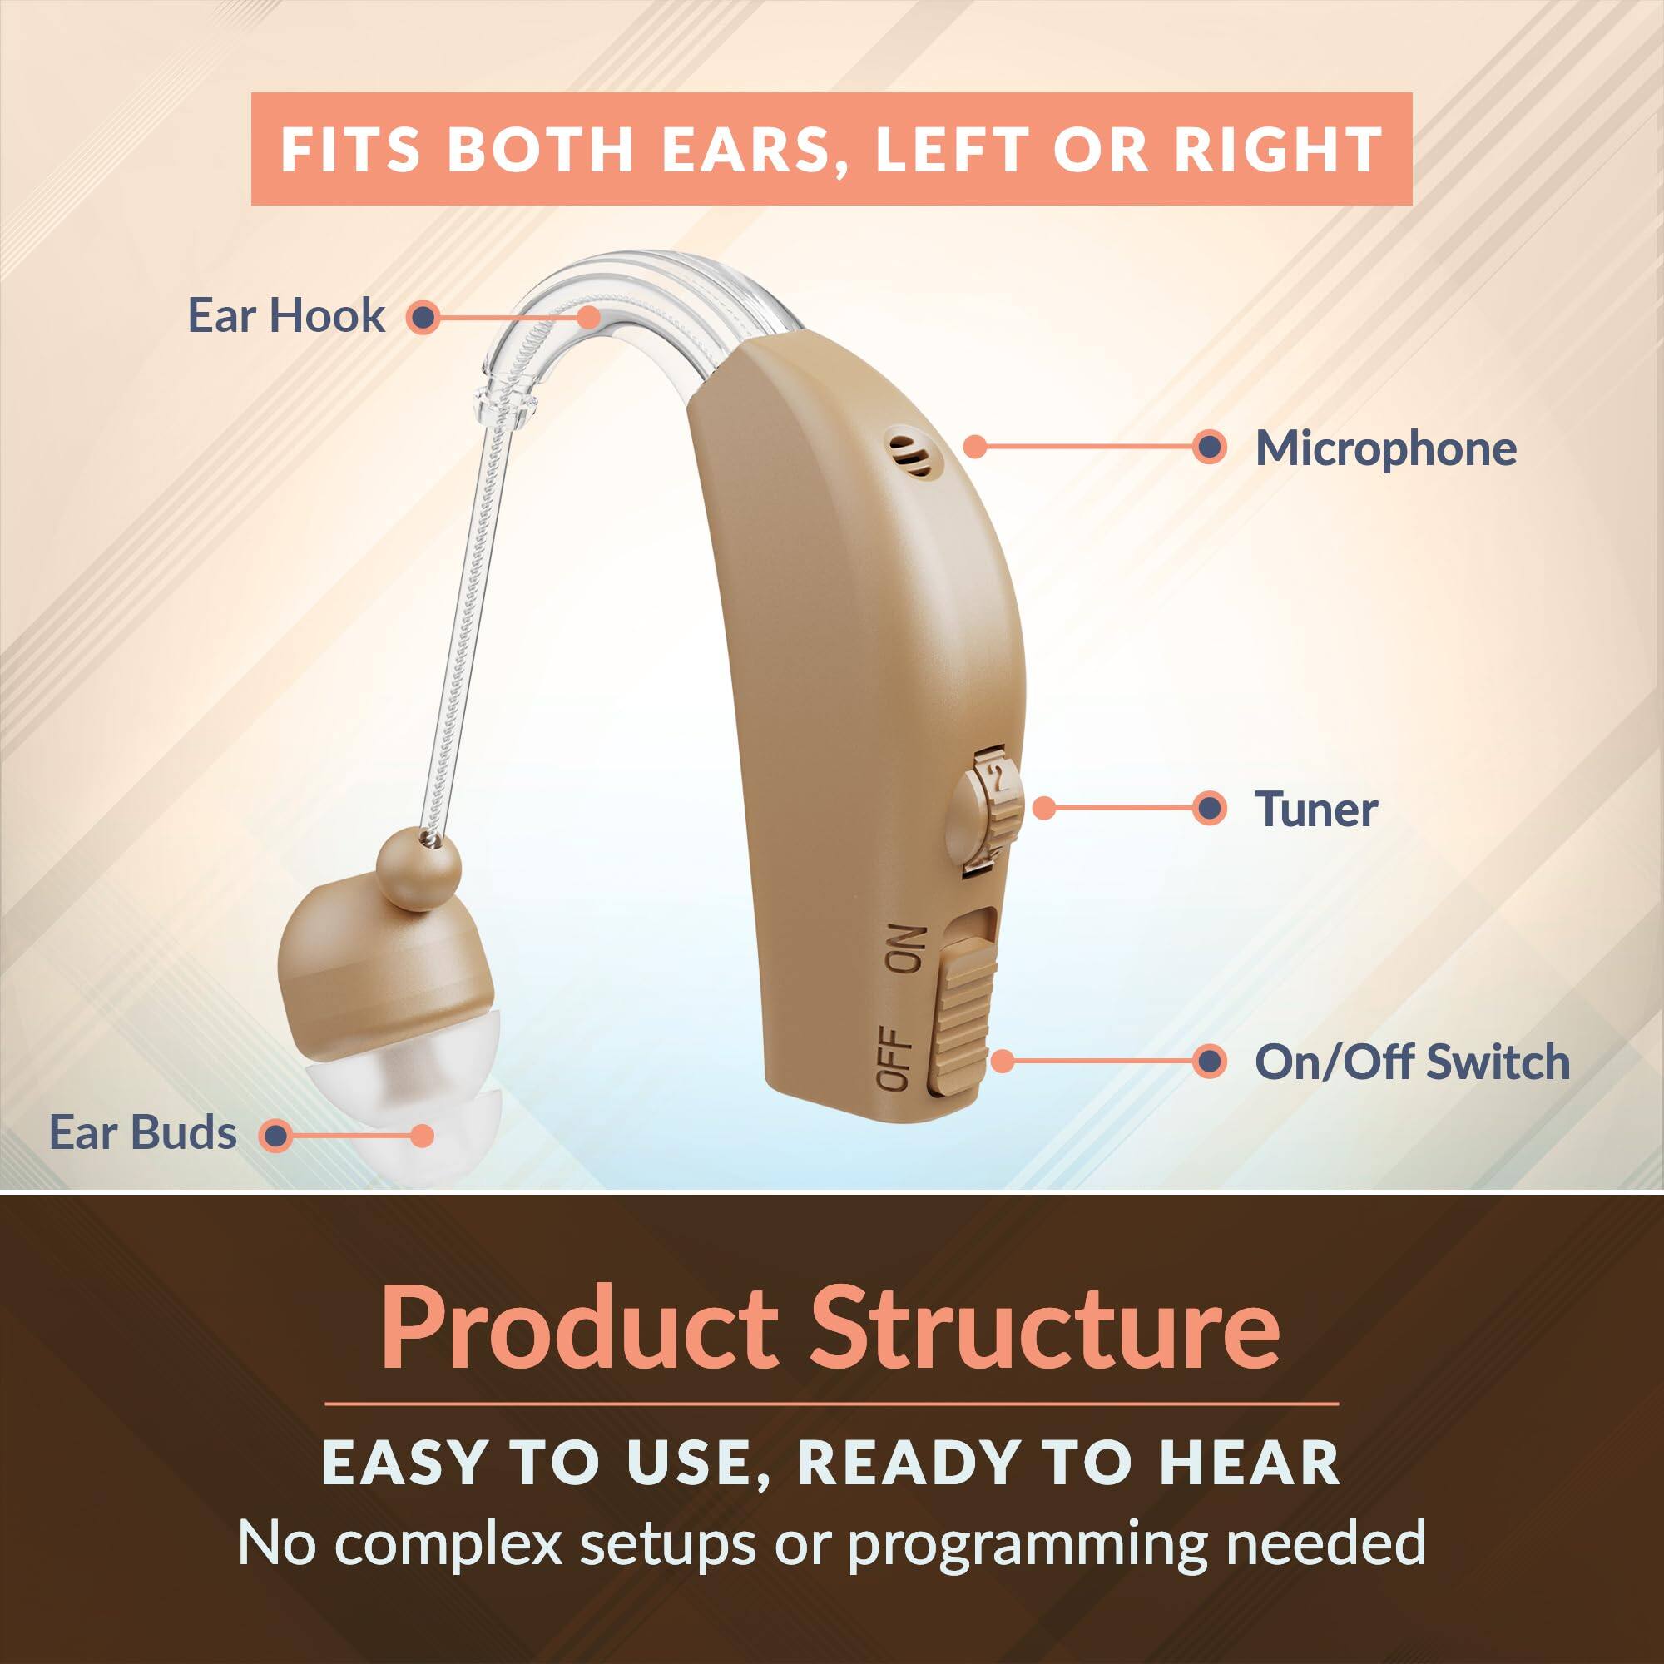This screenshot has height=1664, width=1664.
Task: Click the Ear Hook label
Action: tap(286, 315)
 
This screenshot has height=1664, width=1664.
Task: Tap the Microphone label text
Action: tap(1385, 448)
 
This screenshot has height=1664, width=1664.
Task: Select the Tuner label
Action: tap(1315, 810)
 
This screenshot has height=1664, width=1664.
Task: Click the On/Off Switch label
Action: tap(1412, 1062)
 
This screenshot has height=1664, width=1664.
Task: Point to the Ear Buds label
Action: tap(143, 1132)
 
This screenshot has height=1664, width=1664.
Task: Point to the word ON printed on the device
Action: tap(905, 950)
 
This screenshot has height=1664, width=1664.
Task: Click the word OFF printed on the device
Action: tap(896, 1059)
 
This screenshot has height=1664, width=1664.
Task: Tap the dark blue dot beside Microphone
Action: tap(1210, 447)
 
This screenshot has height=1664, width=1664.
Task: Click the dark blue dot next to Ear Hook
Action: tap(422, 317)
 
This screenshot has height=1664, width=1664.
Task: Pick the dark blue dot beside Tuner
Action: tap(1210, 809)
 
